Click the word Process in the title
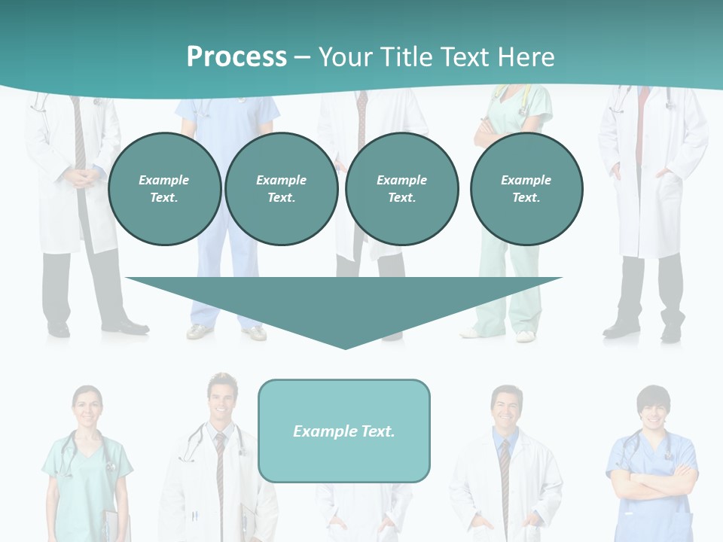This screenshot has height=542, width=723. pyautogui.click(x=236, y=57)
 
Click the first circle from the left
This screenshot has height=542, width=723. pyautogui.click(x=164, y=189)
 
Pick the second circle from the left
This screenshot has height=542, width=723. pyautogui.click(x=281, y=189)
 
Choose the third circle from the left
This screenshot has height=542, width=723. pyautogui.click(x=401, y=189)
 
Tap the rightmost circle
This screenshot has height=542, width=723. pyautogui.click(x=526, y=189)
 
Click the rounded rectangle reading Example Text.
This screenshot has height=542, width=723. pyautogui.click(x=344, y=431)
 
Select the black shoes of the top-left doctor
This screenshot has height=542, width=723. pyautogui.click(x=98, y=327)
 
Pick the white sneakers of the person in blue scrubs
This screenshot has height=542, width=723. pyautogui.click(x=226, y=332)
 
